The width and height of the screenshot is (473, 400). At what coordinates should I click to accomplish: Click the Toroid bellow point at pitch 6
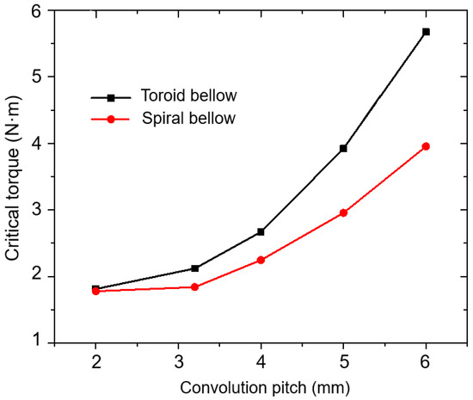click(426, 32)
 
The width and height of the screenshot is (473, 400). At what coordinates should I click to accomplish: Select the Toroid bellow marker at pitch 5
click(343, 148)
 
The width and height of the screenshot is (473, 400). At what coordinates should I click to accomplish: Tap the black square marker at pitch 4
click(261, 231)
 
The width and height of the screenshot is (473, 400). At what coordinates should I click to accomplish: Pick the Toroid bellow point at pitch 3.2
click(195, 268)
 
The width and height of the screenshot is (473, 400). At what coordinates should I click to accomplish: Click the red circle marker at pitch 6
click(426, 146)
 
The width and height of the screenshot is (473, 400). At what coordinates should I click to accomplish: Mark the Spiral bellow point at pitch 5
click(343, 212)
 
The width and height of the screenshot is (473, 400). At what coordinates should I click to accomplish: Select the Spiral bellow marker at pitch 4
click(261, 260)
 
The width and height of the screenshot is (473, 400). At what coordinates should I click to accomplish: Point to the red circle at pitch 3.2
click(195, 287)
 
